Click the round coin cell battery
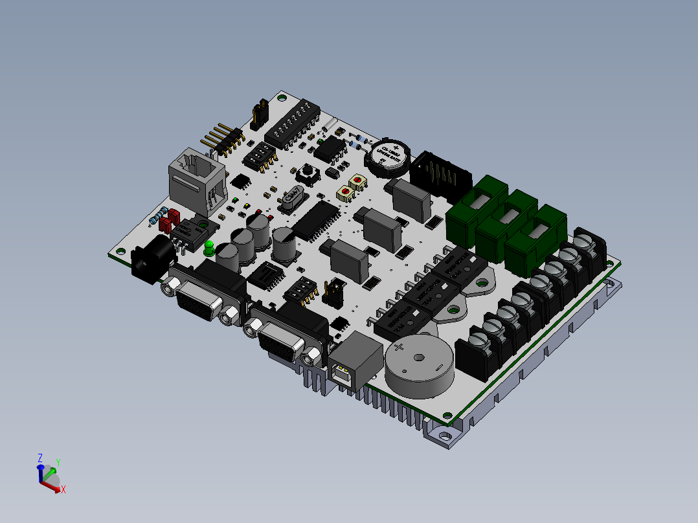[388, 156]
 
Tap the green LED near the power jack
[209, 247]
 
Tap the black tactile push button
[306, 173]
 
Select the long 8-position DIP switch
[291, 125]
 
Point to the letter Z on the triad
[40, 458]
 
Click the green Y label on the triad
[58, 463]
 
